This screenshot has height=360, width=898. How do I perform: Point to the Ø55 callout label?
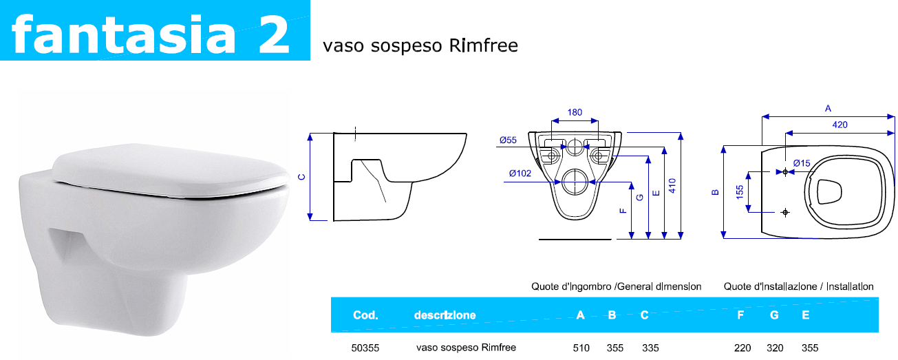(x=508, y=140)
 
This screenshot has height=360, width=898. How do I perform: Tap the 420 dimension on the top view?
(x=840, y=125)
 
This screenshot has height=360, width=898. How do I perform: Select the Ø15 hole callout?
(x=802, y=162)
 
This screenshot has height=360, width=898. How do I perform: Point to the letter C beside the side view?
(x=301, y=177)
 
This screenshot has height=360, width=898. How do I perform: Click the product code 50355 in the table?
(x=364, y=348)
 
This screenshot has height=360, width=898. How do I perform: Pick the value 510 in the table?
(x=581, y=348)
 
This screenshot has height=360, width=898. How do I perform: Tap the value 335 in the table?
(x=650, y=348)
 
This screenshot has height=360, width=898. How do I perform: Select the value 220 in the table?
(x=742, y=348)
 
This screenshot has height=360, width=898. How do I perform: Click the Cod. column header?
(x=365, y=315)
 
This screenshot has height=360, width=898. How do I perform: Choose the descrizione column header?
(x=445, y=315)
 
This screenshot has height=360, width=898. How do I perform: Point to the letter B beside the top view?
(x=716, y=192)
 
